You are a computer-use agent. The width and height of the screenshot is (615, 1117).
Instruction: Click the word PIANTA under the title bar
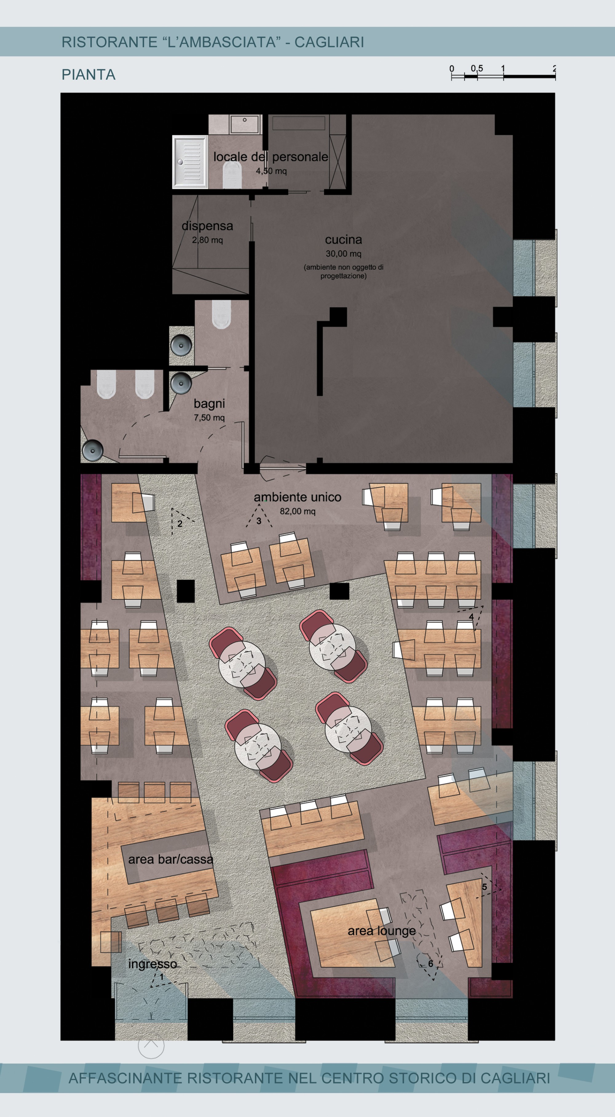[x=89, y=75]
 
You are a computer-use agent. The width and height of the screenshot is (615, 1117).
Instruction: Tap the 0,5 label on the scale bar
[x=477, y=68]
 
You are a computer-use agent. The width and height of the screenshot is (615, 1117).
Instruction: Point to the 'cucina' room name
[x=343, y=240]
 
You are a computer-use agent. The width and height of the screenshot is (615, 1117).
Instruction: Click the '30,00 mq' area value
[x=343, y=254]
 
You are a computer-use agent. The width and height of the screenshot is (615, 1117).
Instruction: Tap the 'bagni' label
[x=209, y=404]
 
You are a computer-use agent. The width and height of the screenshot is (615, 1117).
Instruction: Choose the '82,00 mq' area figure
[x=297, y=511]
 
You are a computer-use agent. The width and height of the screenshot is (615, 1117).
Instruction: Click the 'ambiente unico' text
[x=297, y=497]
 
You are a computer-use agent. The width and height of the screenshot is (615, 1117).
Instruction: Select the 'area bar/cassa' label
[x=171, y=859]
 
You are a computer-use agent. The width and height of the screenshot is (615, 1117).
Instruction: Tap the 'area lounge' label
[x=382, y=931]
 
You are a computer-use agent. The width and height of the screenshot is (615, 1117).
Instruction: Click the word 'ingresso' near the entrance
[x=152, y=964]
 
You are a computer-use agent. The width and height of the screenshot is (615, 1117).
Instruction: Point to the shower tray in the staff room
[x=190, y=162]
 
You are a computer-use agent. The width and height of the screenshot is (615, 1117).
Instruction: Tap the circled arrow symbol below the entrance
[x=151, y=1045]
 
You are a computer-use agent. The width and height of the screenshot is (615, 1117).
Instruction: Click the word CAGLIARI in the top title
[x=329, y=42]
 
